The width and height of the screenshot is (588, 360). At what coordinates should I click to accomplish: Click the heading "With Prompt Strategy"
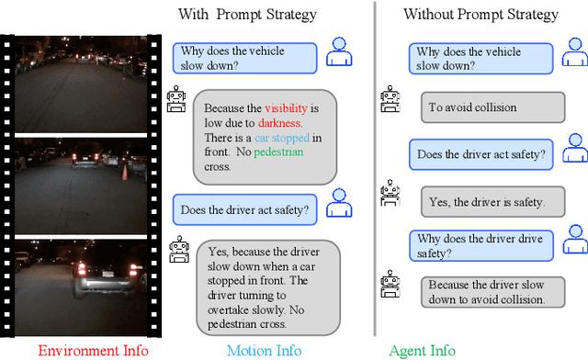coord(248,14)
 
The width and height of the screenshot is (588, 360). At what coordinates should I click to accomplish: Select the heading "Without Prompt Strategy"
coord(481,14)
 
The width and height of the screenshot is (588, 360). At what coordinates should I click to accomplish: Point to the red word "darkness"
coord(281,122)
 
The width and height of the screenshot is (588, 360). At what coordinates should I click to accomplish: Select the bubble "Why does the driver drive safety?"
coord(479,246)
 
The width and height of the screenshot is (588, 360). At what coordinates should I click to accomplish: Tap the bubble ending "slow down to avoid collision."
coord(486,292)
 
